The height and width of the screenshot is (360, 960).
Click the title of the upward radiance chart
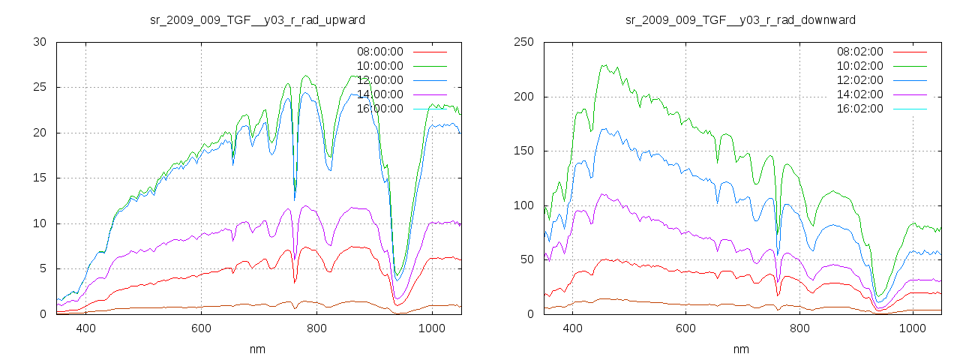tap(258, 19)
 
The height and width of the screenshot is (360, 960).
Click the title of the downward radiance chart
tap(740, 19)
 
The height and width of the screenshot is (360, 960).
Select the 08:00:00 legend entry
tap(379, 52)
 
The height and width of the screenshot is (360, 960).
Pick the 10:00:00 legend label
tap(379, 66)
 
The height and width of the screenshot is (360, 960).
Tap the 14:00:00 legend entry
tap(379, 94)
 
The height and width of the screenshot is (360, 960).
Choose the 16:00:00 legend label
tap(379, 109)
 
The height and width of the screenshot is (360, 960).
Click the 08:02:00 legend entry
tap(859, 52)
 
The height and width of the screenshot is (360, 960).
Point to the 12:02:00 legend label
tap(859, 80)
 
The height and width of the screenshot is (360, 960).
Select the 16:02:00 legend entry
tap(859, 109)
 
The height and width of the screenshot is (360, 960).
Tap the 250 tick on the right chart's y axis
tap(523, 42)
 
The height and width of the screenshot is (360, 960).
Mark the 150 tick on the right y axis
tap(523, 151)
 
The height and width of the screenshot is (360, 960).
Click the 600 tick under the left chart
tap(201, 328)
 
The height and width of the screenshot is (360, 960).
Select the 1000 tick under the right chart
tap(913, 328)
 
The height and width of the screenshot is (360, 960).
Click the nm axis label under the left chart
tap(258, 349)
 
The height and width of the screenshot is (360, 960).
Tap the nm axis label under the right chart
tap(740, 349)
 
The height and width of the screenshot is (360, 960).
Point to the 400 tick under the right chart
tap(572, 328)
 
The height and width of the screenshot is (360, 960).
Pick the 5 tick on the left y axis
tap(43, 268)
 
